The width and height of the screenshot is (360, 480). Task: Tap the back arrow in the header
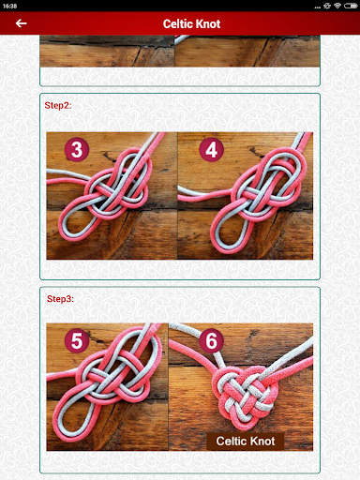pos(21,23)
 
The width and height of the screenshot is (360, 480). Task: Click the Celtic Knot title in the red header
pos(191,23)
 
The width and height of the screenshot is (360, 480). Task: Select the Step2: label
pos(58,105)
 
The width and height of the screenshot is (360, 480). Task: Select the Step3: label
pos(60,299)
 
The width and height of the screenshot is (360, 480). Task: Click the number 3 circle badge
pos(77,149)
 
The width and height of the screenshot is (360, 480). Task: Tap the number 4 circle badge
pos(212,149)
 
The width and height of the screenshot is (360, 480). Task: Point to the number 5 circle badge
pos(77,340)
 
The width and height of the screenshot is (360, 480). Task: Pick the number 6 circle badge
pos(212,340)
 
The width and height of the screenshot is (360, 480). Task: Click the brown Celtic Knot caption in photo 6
pos(246,441)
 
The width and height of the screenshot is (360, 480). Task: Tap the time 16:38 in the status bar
pos(9,6)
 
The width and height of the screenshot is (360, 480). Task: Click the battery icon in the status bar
pos(351,6)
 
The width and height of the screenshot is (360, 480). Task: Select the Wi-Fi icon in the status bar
pos(337,6)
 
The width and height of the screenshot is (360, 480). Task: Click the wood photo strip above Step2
pos(180,52)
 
